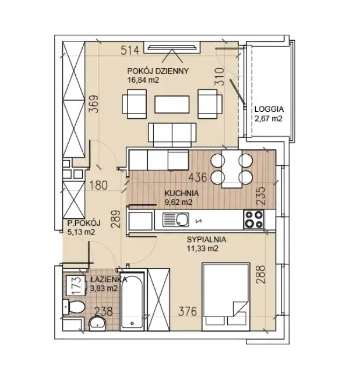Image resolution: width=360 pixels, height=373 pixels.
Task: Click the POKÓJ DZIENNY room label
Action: [x=158, y=71]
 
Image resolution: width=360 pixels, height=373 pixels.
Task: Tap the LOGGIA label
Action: [x=269, y=109]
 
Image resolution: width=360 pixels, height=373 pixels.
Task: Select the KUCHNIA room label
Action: [x=182, y=193]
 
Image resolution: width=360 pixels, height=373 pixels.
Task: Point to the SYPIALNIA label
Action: [x=206, y=239]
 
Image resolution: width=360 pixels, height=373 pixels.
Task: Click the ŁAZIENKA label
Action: [x=109, y=279]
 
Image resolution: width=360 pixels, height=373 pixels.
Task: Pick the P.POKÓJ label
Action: [x=84, y=223]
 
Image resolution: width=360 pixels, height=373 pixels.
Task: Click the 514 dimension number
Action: [x=130, y=51]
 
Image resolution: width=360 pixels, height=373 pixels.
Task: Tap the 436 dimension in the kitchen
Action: [x=198, y=177]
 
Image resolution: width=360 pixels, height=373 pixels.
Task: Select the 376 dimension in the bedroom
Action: [x=188, y=311]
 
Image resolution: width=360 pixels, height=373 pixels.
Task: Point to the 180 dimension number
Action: [x=98, y=185]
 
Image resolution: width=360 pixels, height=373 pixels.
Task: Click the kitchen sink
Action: [x=176, y=220]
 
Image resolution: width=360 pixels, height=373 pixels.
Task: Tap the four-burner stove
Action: [x=254, y=219]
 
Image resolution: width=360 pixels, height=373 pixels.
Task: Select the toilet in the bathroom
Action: [x=74, y=307]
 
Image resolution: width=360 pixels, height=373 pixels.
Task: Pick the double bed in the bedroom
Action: [x=226, y=297]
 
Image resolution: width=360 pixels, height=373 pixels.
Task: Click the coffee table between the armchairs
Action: [x=172, y=104]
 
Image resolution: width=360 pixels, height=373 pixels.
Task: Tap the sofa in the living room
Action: [x=172, y=135]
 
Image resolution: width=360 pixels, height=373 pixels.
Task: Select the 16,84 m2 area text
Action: [x=143, y=80]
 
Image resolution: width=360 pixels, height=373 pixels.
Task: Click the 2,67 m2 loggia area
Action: [x=269, y=118]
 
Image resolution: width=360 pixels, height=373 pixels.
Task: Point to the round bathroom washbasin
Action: [x=97, y=324]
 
